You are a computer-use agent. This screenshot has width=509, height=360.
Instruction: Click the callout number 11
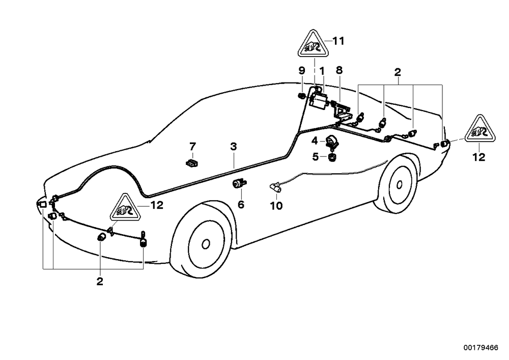click(338, 41)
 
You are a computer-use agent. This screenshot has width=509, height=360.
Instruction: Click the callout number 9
click(302, 70)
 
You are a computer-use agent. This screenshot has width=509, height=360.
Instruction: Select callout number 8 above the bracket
click(339, 70)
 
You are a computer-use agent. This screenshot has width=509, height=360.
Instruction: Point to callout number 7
click(193, 147)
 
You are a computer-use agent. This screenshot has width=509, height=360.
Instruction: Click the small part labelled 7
click(192, 162)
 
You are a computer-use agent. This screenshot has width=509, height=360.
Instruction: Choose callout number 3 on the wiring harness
click(234, 147)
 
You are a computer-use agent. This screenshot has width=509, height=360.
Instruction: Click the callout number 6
click(241, 205)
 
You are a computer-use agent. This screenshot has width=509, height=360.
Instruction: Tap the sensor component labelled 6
click(239, 184)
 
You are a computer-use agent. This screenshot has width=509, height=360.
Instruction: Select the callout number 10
click(276, 206)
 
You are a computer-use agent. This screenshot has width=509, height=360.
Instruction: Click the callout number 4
click(314, 141)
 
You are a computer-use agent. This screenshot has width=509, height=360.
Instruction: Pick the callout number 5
click(316, 157)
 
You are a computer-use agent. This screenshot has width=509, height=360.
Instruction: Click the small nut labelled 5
click(332, 157)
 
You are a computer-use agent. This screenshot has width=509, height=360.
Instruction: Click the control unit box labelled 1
click(319, 99)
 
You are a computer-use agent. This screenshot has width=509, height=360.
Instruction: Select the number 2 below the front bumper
click(100, 281)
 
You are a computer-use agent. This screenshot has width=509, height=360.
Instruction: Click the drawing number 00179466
click(481, 348)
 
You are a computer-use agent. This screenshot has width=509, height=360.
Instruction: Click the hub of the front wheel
click(206, 244)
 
